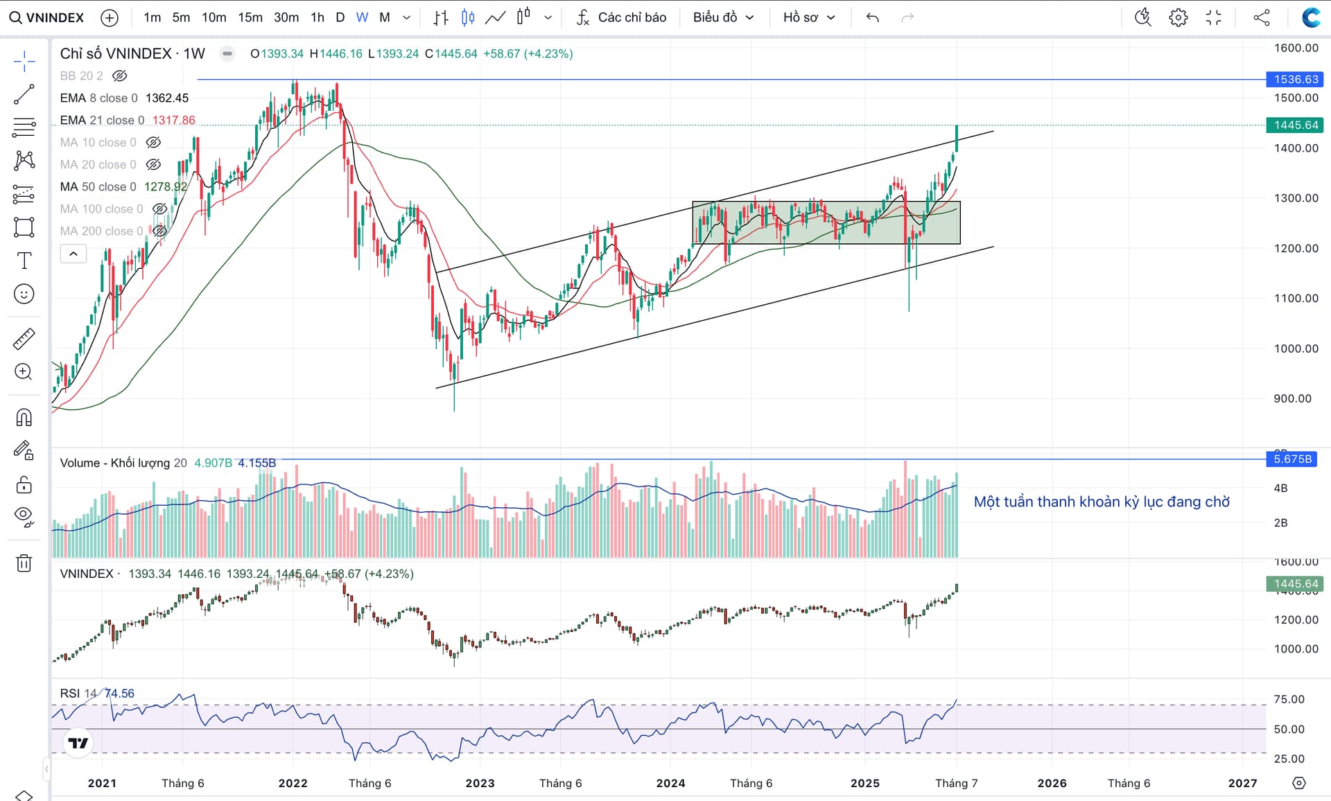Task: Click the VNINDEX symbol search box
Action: [x=47, y=17]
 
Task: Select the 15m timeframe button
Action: [x=250, y=17]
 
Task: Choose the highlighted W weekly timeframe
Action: [x=362, y=17]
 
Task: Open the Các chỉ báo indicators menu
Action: [x=622, y=17]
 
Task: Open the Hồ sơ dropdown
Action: [x=808, y=17]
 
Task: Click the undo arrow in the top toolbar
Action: [x=872, y=17]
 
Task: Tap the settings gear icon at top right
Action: [x=1178, y=17]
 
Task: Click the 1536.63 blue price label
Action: [x=1295, y=79]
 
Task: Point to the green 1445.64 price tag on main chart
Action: [x=1295, y=125]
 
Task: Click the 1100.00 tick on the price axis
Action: [x=1296, y=299]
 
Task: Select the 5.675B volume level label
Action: [x=1292, y=459]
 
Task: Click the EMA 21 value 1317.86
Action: [x=173, y=120]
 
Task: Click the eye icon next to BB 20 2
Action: [x=120, y=76]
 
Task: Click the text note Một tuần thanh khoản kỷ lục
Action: [x=1101, y=502]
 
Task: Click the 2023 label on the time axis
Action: [x=480, y=783]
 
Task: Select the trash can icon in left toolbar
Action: [x=24, y=563]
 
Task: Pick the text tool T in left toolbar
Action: [x=24, y=261]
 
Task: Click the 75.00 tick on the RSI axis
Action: [x=1289, y=699]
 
